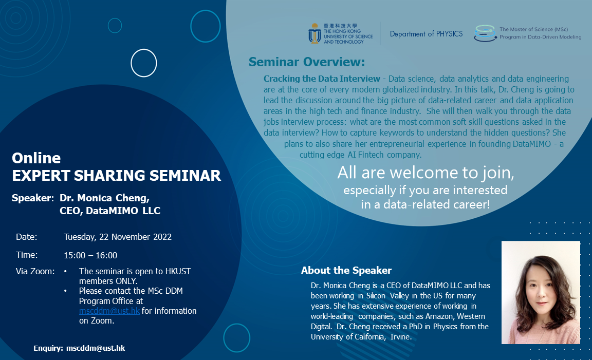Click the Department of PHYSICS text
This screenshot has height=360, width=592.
(426, 34)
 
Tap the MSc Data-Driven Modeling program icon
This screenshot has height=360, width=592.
(485, 33)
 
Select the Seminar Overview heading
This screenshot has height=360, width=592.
(306, 62)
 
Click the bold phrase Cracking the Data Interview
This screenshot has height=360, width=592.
(322, 79)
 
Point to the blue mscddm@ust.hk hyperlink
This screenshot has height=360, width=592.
(109, 311)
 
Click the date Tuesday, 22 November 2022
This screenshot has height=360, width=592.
(118, 237)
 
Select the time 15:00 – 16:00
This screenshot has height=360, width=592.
(90, 255)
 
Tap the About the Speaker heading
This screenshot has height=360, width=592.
(346, 270)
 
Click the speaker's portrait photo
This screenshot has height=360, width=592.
(541, 292)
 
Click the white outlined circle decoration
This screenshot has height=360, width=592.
(144, 63)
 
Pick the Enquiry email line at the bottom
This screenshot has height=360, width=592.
(79, 348)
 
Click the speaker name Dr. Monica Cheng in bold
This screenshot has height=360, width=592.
(104, 198)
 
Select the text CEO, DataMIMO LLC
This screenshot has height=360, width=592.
(110, 211)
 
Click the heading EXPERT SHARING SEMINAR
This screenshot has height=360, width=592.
(117, 175)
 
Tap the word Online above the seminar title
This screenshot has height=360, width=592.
(36, 158)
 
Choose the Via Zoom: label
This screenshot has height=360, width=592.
(35, 271)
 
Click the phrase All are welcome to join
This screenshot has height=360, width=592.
(425, 173)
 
